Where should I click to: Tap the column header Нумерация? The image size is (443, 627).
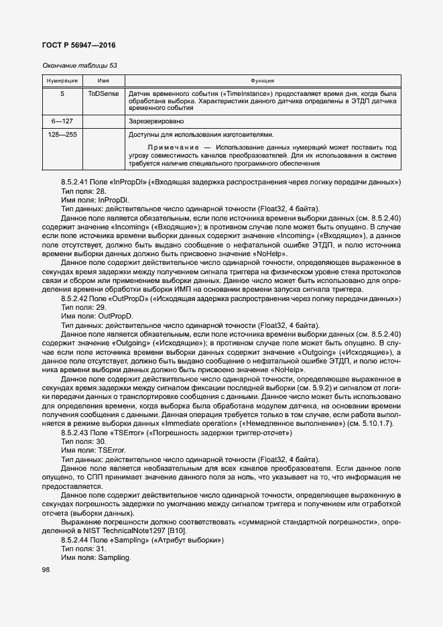pos(62,80)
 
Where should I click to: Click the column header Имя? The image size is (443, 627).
pos(103,80)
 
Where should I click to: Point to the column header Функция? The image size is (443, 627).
pos(262,80)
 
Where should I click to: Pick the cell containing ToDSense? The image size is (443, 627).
pos(103,94)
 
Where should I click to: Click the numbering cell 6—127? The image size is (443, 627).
pos(62,121)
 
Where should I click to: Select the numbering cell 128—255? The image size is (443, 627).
pos(62,135)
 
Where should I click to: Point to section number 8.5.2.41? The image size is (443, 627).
pos(76,182)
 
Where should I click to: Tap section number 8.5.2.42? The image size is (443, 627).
pos(76,297)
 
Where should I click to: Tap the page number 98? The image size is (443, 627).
pos(46,569)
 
